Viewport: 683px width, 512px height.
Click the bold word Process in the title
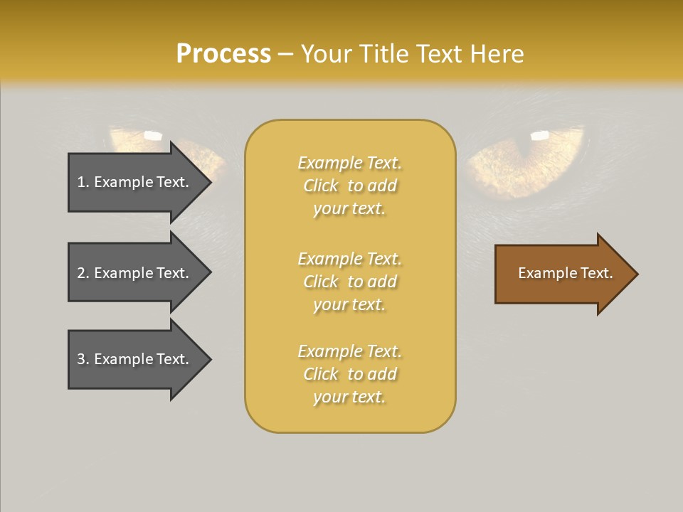[223, 54]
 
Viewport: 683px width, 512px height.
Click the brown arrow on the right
[562, 274]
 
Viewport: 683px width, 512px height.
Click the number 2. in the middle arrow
[83, 273]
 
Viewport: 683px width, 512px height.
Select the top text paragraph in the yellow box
[349, 186]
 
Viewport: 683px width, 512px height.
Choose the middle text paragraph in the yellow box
[349, 282]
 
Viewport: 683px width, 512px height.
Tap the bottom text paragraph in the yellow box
[349, 374]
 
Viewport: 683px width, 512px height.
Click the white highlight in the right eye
[540, 135]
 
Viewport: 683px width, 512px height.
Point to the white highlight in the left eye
[153, 134]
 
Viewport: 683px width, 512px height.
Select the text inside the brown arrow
[565, 273]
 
